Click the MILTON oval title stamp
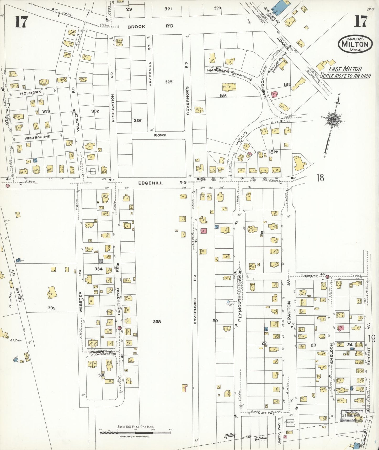355,44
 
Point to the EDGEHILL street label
150,183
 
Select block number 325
168,82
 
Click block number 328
157,322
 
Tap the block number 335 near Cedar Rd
51,308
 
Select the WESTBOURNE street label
37,137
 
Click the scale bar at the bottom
135,432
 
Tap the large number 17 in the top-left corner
20,22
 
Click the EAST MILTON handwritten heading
345,69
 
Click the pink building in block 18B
274,95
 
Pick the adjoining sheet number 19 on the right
372,338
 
